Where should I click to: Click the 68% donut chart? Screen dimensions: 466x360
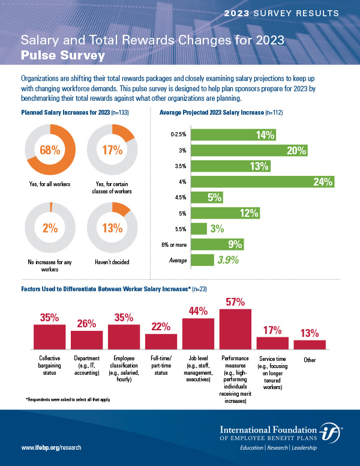click(50, 150)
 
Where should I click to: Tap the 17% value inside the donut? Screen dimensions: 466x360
click(113, 150)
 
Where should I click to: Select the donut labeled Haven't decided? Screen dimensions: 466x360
click(113, 227)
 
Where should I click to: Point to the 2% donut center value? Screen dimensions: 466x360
click(50, 228)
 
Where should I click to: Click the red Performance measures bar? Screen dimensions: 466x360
click(235, 329)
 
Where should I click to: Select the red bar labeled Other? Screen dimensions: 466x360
click(310, 344)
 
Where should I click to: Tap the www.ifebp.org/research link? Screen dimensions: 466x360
click(51, 448)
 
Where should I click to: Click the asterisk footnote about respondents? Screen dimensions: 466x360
click(68, 399)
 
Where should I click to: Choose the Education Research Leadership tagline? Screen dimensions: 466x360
click(278, 449)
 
